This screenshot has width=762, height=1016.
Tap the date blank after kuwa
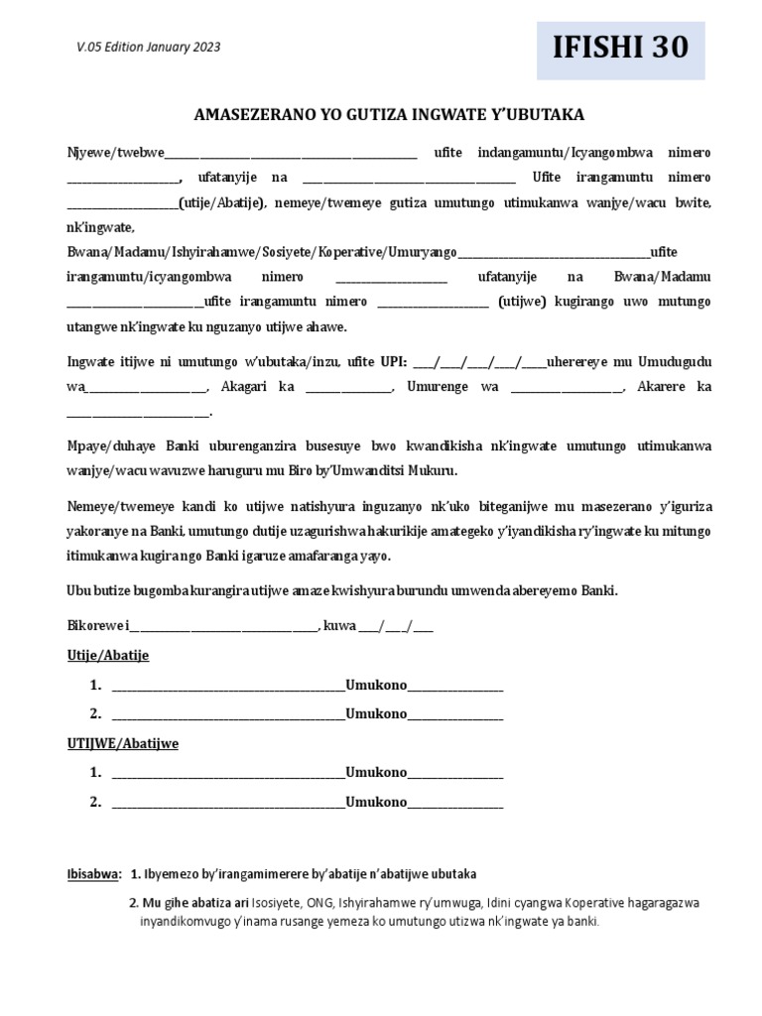coord(396,626)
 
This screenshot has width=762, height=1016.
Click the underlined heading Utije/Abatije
coord(107,656)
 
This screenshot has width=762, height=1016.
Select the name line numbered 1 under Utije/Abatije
coord(228,686)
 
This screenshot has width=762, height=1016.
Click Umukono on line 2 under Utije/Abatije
coord(376,713)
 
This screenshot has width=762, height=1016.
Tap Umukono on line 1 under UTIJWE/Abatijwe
coord(376,773)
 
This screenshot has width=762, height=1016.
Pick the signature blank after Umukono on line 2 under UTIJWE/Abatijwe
coord(455,802)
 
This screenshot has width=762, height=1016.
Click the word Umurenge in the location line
coord(439,387)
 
